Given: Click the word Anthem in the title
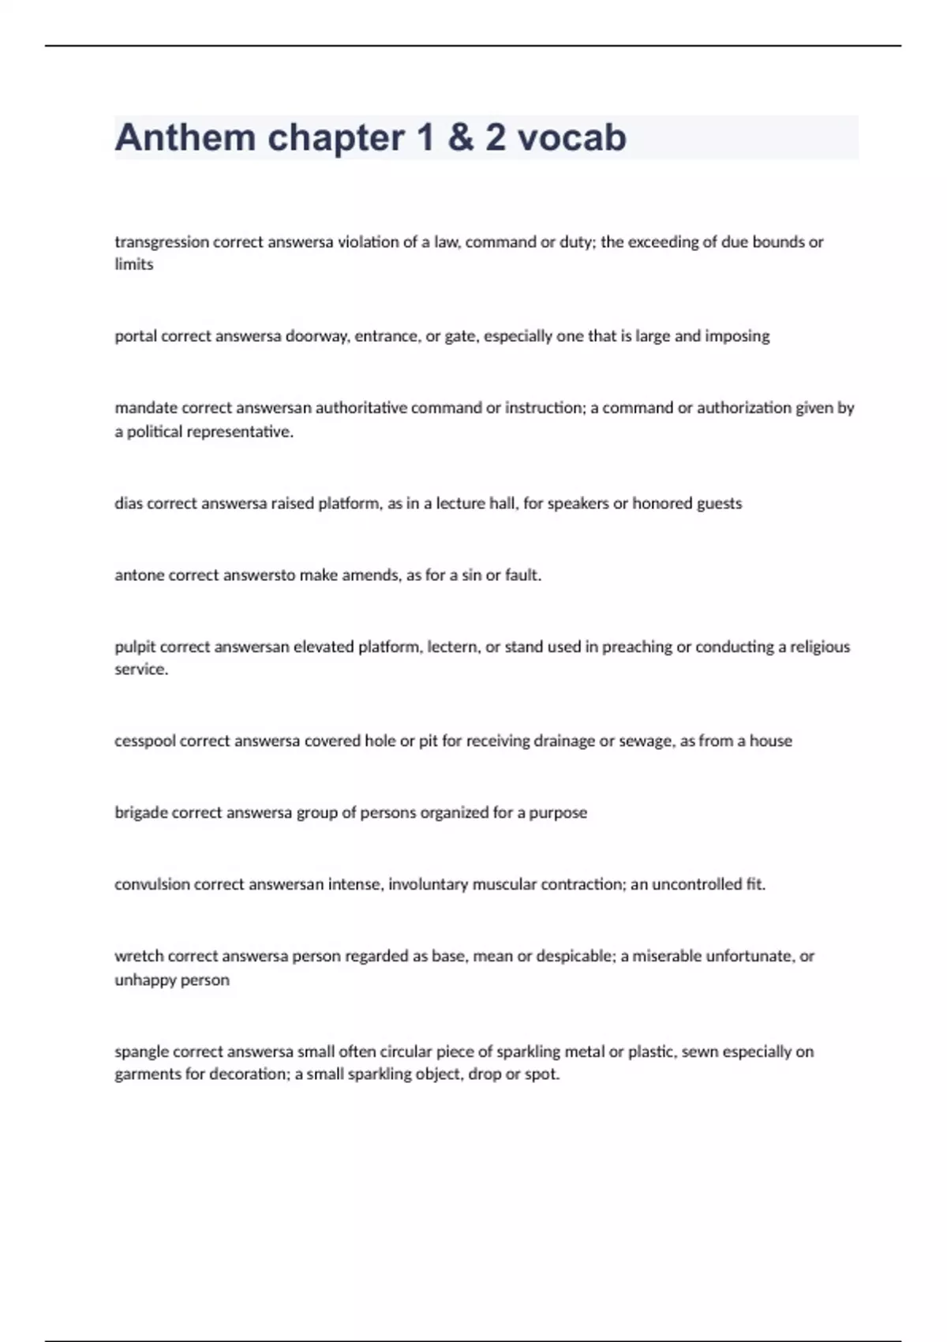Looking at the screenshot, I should [185, 138].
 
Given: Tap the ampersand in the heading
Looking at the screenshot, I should [460, 138].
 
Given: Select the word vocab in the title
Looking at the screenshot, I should [572, 138].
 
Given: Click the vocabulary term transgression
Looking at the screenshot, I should [162, 242].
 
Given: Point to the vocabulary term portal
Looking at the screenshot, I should [136, 336].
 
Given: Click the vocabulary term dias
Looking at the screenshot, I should [129, 504].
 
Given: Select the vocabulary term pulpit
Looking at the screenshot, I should [135, 647].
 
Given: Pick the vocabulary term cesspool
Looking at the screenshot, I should [145, 741].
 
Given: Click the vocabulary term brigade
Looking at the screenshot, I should [141, 813].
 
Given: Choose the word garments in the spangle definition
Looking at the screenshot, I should [148, 1074].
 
